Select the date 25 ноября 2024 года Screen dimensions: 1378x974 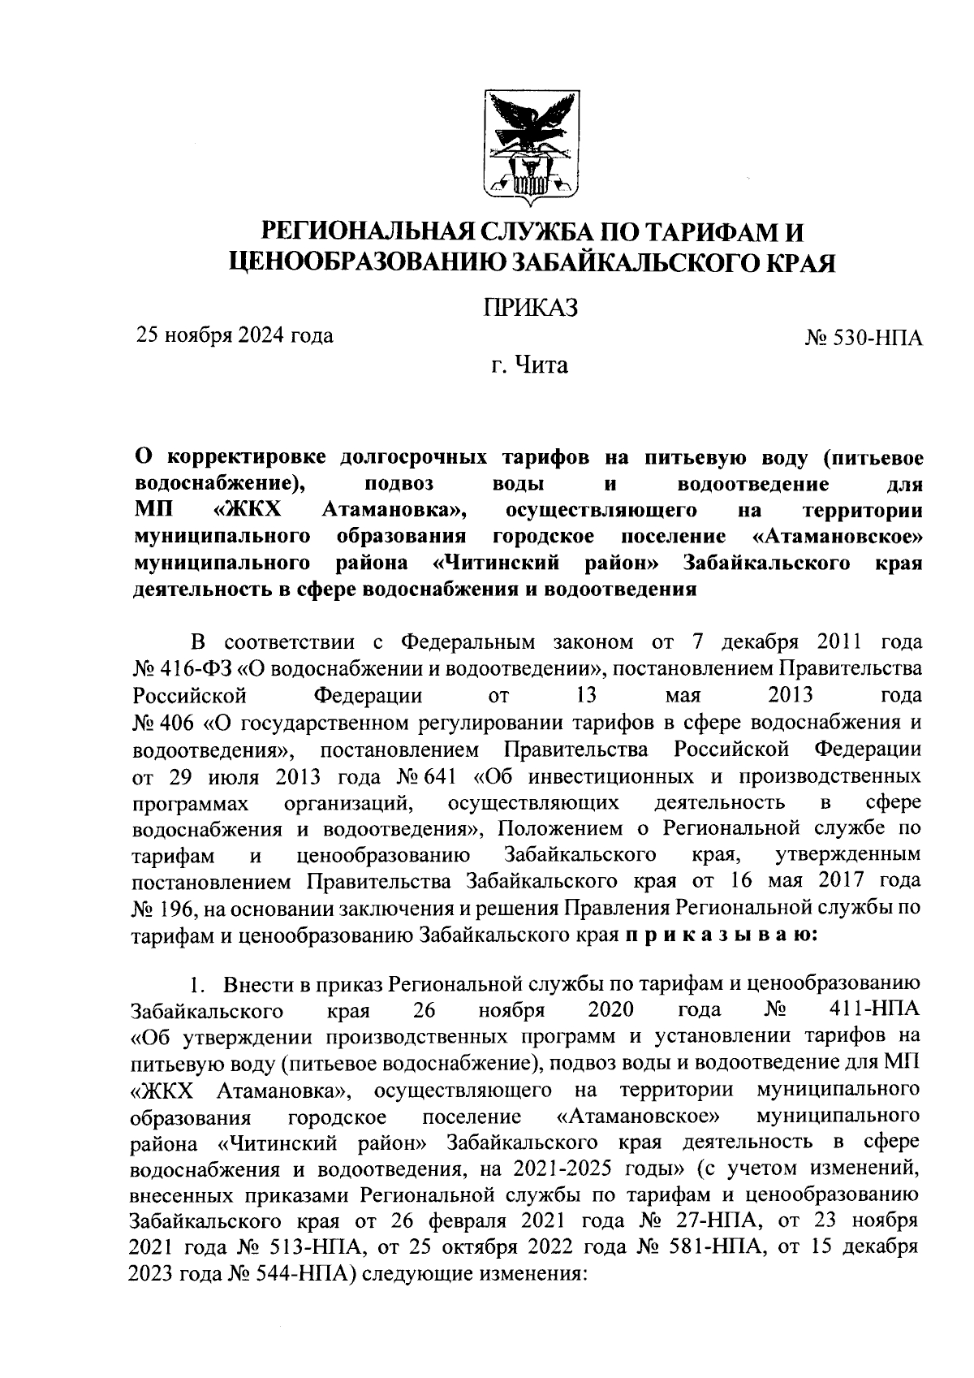click(233, 335)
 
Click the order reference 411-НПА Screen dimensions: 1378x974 click(877, 1011)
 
